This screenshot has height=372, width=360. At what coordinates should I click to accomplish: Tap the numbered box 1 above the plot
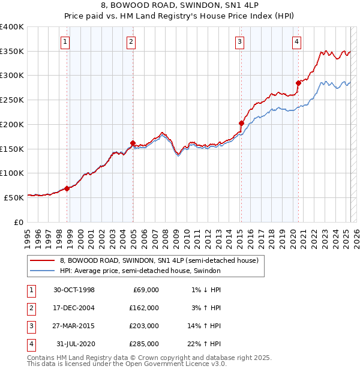click(x=64, y=41)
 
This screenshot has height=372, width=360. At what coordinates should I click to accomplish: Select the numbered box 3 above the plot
click(x=239, y=41)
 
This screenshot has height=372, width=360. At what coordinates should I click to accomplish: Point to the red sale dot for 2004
click(x=133, y=143)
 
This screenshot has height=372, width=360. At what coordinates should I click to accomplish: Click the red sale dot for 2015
click(x=241, y=123)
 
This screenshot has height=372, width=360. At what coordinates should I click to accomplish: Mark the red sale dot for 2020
click(x=298, y=83)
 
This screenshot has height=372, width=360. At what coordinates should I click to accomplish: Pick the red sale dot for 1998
click(x=67, y=188)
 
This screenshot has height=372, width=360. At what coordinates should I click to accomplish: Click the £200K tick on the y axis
click(x=12, y=124)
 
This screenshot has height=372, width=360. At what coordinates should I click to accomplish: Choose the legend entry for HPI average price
click(x=140, y=271)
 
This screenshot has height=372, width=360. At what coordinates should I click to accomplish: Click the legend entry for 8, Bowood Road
click(x=158, y=260)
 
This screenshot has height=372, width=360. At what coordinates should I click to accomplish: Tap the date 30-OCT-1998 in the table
click(x=74, y=290)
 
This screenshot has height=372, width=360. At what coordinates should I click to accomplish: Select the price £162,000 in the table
click(x=144, y=308)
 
